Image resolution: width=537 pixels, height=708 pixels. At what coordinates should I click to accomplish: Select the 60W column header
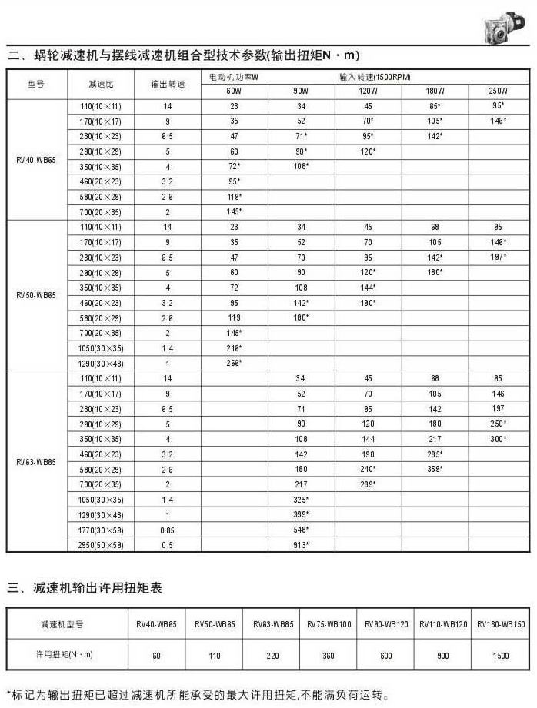[x=235, y=91]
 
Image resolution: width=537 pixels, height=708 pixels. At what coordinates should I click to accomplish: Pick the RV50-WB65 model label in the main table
[x=36, y=294]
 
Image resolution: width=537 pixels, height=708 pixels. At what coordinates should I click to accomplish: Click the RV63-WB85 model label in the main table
[x=36, y=462]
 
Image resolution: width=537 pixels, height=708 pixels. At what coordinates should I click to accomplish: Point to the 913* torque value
[x=302, y=545]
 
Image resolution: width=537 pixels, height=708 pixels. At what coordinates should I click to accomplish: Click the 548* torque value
[x=302, y=530]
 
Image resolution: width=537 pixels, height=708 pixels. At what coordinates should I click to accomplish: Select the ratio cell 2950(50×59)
[x=102, y=545]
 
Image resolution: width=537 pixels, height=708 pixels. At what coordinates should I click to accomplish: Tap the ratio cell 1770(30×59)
[x=102, y=530]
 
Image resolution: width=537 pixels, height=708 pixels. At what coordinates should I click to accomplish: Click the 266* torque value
[x=235, y=362]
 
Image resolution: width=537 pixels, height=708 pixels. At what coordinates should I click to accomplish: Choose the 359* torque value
[x=435, y=469]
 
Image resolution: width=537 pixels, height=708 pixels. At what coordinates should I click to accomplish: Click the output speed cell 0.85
[x=167, y=530]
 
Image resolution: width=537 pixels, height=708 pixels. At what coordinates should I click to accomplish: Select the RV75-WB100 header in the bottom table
[x=329, y=624]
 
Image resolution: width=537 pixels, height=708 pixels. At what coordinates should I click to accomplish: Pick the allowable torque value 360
[x=329, y=655]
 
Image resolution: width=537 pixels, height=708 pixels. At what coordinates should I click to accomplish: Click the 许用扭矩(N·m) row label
[x=67, y=655]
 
